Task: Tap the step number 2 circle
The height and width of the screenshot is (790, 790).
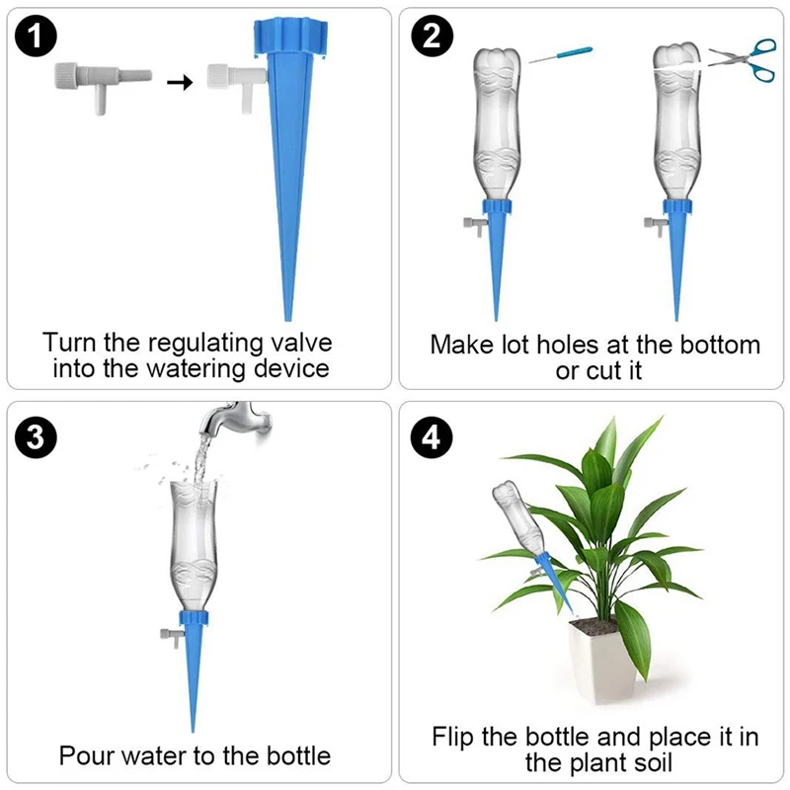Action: [x=431, y=39]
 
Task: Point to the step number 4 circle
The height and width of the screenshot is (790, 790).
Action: [x=431, y=438]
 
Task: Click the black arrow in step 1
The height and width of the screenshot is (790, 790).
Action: [x=178, y=82]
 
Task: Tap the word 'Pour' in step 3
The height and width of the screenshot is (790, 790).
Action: [x=86, y=756]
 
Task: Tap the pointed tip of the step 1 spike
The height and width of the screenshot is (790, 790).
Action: [x=288, y=316]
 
